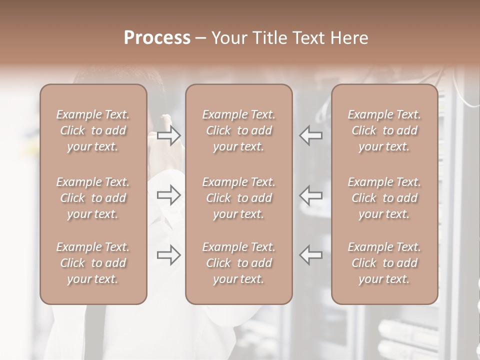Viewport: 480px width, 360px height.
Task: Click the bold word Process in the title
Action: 157,38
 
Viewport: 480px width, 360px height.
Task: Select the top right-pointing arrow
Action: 169,135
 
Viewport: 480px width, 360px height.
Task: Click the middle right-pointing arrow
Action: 169,194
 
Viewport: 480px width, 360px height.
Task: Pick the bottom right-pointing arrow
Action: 169,255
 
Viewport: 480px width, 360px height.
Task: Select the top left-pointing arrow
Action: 311,135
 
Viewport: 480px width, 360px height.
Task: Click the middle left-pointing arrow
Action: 311,194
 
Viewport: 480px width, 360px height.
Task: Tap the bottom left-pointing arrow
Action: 311,255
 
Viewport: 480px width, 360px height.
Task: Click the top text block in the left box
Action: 93,130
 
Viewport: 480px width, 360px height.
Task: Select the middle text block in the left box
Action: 93,198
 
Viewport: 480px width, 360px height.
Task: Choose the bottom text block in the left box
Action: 93,263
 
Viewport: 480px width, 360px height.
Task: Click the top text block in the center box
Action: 239,130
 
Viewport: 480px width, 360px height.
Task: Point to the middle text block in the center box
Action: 239,198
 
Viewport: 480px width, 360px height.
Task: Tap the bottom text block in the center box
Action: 239,263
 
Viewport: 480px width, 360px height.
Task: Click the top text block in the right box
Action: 384,130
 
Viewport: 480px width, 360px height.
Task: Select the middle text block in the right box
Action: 384,198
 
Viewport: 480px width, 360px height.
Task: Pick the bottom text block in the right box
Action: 384,263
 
